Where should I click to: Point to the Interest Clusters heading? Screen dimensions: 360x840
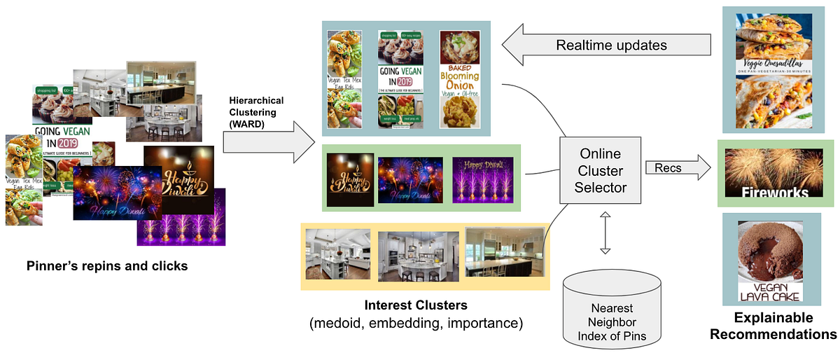pos(415,305)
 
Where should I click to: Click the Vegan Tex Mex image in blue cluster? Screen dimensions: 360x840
pos(344,79)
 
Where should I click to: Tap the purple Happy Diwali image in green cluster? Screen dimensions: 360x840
pos(482,176)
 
